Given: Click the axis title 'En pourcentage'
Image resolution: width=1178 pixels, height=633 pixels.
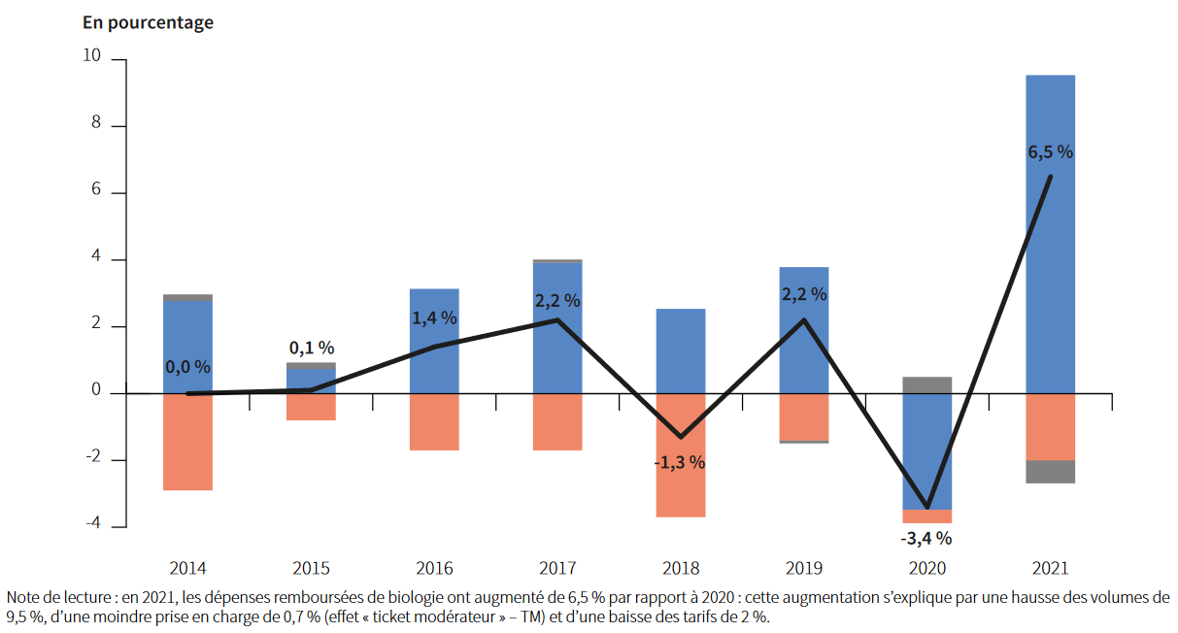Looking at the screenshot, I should click(x=148, y=22).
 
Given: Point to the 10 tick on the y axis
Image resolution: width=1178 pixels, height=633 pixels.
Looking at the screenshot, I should click(x=92, y=57).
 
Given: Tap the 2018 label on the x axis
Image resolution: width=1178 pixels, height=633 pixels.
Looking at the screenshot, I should click(x=680, y=568).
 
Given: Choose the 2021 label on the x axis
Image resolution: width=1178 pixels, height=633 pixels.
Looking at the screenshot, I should click(x=1050, y=568).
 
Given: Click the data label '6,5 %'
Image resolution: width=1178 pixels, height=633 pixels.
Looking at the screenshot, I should click(x=1050, y=152).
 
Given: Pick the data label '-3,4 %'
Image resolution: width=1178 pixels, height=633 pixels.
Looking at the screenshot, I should click(x=926, y=538).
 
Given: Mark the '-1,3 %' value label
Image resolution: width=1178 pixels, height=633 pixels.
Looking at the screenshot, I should click(x=680, y=462).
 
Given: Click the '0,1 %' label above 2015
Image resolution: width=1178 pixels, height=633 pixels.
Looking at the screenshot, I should click(x=312, y=348).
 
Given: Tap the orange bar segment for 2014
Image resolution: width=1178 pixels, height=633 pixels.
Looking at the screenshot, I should click(x=187, y=442).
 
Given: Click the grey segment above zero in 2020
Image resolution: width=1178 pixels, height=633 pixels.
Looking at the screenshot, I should click(x=926, y=384).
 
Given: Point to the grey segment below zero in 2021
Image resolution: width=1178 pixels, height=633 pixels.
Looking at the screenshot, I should click(x=1050, y=471).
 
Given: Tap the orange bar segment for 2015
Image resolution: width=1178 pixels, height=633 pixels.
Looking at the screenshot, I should click(x=311, y=407).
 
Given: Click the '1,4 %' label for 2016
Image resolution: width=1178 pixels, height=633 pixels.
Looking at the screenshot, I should click(x=434, y=317).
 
